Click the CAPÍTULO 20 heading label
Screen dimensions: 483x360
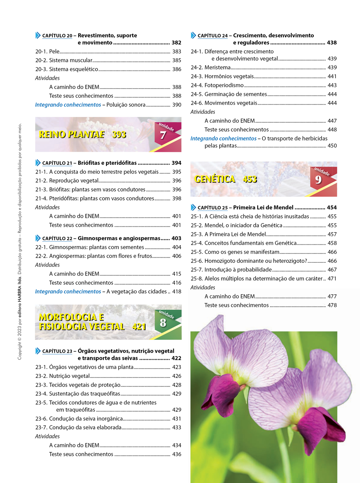[x=57, y=36]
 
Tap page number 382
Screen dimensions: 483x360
[x=176, y=42]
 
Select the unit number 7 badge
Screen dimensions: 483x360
[x=163, y=135]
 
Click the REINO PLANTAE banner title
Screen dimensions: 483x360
[x=72, y=135]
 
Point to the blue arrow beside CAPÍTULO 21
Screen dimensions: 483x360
[x=38, y=163]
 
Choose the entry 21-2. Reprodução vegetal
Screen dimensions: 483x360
[x=67, y=181]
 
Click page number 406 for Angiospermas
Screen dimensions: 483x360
[x=177, y=256]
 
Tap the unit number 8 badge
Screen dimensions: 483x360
[x=163, y=323]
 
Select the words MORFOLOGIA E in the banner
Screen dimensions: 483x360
[x=71, y=317]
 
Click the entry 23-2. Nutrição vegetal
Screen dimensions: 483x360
[x=63, y=376]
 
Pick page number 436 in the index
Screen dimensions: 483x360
[x=177, y=454]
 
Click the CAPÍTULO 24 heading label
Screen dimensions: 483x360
[x=212, y=36]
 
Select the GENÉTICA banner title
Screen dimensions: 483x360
[x=215, y=179]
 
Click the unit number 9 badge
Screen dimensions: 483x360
[x=318, y=180]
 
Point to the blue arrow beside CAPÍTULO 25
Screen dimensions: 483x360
[x=193, y=207]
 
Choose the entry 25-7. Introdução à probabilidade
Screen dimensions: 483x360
[x=231, y=270]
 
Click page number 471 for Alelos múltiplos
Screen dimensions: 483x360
[x=332, y=279]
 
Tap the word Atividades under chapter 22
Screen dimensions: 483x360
[x=48, y=265]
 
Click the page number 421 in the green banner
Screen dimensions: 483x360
[x=139, y=327]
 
